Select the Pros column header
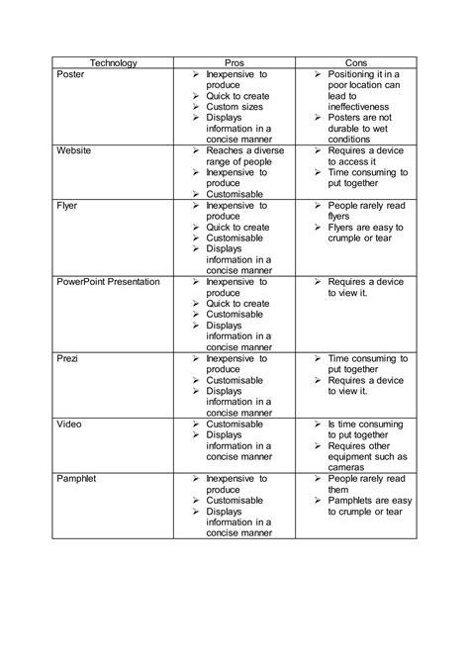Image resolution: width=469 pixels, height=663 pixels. (234, 62)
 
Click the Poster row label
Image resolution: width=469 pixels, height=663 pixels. (73, 75)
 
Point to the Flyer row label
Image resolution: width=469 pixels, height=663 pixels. (69, 206)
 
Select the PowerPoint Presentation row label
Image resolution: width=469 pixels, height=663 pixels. (108, 282)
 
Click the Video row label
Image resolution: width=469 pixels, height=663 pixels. (70, 424)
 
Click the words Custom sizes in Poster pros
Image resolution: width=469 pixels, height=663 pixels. (235, 107)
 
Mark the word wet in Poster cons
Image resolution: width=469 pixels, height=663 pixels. (389, 129)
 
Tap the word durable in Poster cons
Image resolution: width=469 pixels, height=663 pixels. (348, 129)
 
